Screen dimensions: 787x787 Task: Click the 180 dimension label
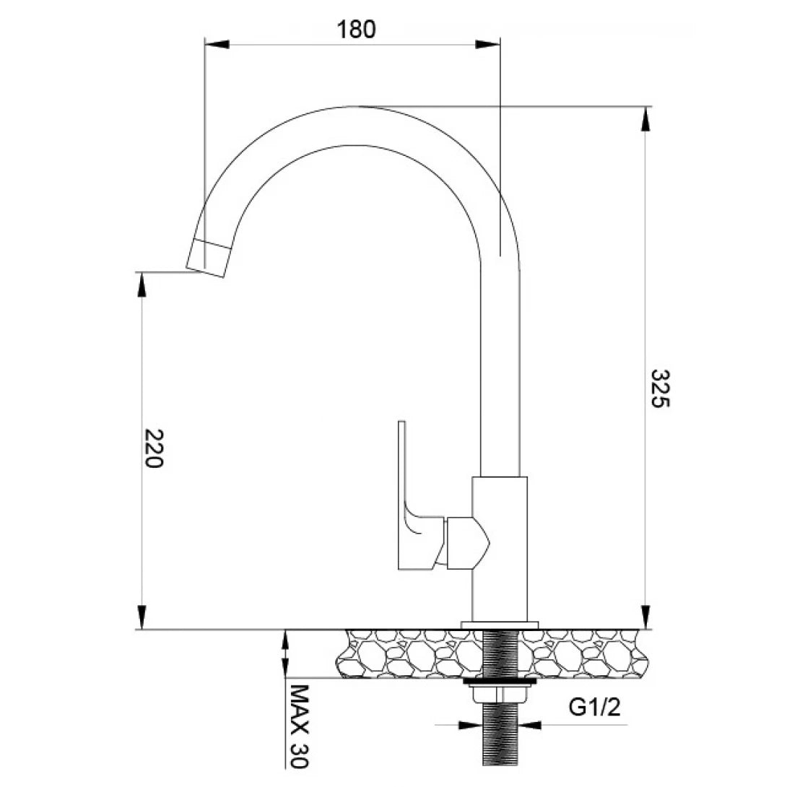click(356, 30)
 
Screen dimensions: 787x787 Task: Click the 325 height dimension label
click(660, 388)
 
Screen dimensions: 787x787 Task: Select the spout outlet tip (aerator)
click(209, 258)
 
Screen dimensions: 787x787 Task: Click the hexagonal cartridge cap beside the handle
click(467, 542)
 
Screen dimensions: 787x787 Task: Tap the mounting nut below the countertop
click(500, 694)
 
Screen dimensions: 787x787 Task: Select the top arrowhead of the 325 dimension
click(645, 120)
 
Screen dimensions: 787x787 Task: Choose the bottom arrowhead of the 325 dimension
click(645, 617)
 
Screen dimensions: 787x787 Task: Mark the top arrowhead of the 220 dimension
click(142, 284)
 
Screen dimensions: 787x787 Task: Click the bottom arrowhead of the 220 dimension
click(142, 617)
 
